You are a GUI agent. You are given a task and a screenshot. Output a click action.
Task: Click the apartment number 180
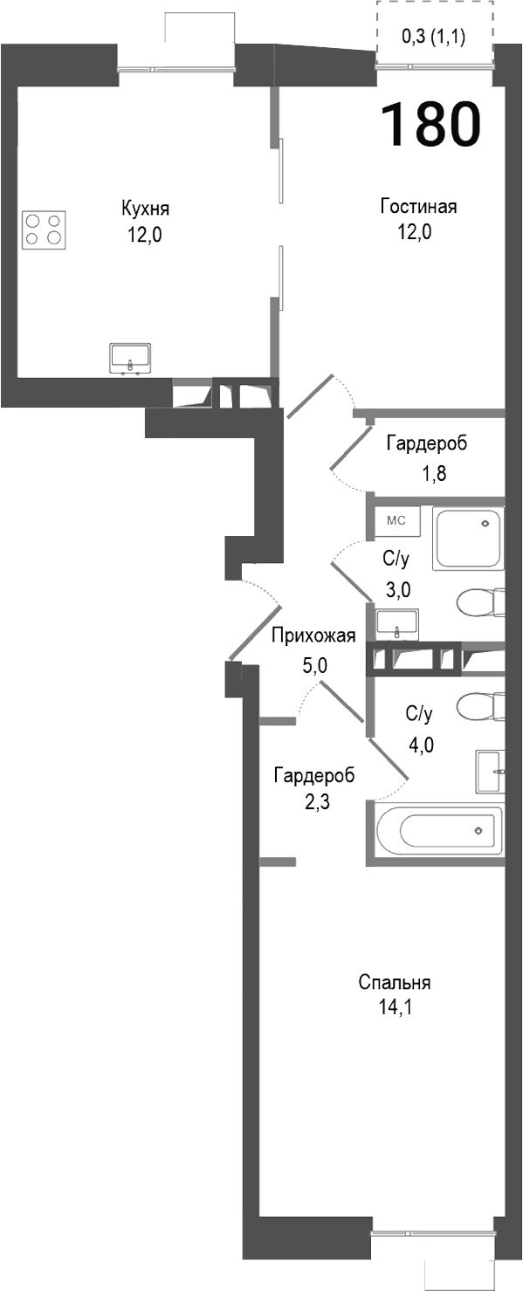pyautogui.click(x=431, y=123)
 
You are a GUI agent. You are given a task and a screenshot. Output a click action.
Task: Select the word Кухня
pyautogui.click(x=145, y=209)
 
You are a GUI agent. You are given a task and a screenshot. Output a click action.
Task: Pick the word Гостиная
pyautogui.click(x=418, y=207)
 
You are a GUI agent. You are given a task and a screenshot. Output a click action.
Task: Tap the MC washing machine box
pyautogui.click(x=397, y=521)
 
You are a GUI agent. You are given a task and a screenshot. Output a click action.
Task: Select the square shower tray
pyautogui.click(x=469, y=539)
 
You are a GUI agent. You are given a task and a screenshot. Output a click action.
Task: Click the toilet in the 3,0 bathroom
pyautogui.click(x=480, y=602)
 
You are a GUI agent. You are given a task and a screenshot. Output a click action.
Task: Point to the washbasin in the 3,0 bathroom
pyautogui.click(x=397, y=624)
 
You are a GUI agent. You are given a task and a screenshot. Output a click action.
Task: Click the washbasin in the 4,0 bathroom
pyautogui.click(x=491, y=772)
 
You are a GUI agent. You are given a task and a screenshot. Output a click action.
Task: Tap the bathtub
pyautogui.click(x=436, y=832)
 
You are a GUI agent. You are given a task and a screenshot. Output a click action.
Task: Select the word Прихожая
pyautogui.click(x=313, y=635)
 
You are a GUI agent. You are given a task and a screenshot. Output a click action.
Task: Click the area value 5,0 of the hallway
pyautogui.click(x=313, y=664)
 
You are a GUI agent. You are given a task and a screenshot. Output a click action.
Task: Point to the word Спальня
pyautogui.click(x=395, y=983)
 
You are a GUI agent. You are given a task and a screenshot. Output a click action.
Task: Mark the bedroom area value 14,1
pyautogui.click(x=394, y=1010)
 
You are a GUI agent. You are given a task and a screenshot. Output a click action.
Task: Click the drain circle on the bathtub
pyautogui.click(x=478, y=830)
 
